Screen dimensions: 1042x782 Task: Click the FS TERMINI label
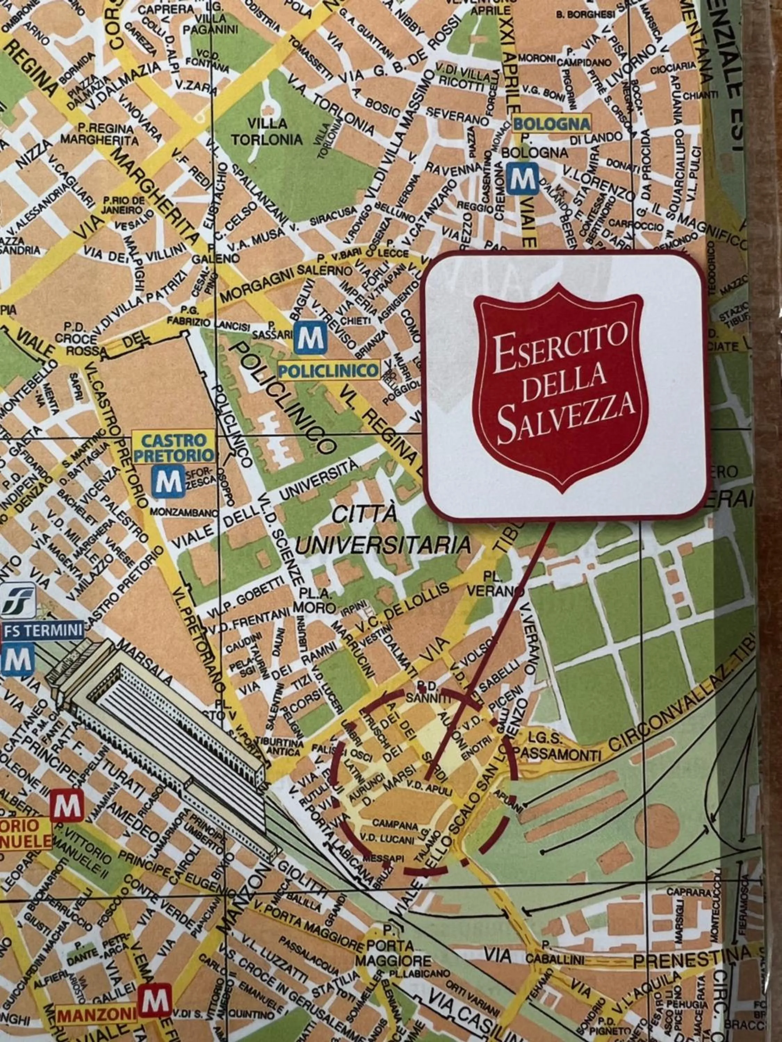point(43,630)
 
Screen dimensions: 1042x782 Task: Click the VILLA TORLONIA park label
point(267,131)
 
